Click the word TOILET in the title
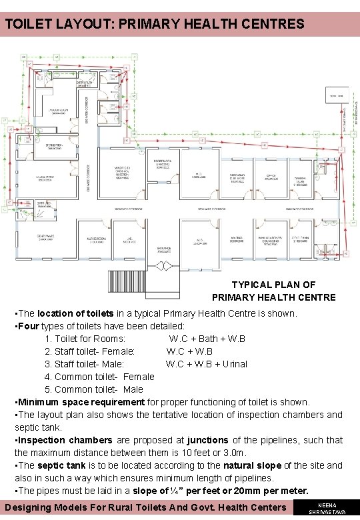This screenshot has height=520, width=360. [x=26, y=25]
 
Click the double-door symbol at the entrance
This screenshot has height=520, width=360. [x=163, y=266]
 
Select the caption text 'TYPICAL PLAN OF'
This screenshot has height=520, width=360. [x=273, y=285]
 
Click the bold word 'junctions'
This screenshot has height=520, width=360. [x=207, y=440]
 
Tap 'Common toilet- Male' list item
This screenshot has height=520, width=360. [x=94, y=389]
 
